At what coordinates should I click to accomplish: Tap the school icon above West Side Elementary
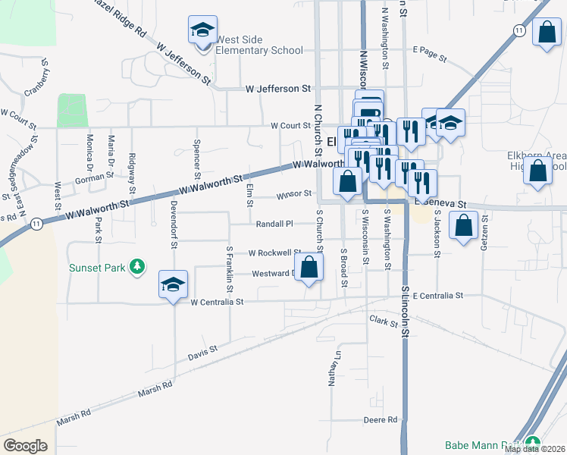point(202,30)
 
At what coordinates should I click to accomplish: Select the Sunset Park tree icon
point(137,266)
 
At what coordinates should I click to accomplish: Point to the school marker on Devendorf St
point(173,285)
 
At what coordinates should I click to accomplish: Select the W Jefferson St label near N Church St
point(278,89)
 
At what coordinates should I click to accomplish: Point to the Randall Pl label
point(274,224)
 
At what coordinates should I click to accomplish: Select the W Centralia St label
point(217,302)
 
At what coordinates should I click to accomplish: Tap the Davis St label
point(202,353)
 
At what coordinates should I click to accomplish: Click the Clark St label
point(384,322)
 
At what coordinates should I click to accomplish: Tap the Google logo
point(26,446)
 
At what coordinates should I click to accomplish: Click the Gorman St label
point(94,179)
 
